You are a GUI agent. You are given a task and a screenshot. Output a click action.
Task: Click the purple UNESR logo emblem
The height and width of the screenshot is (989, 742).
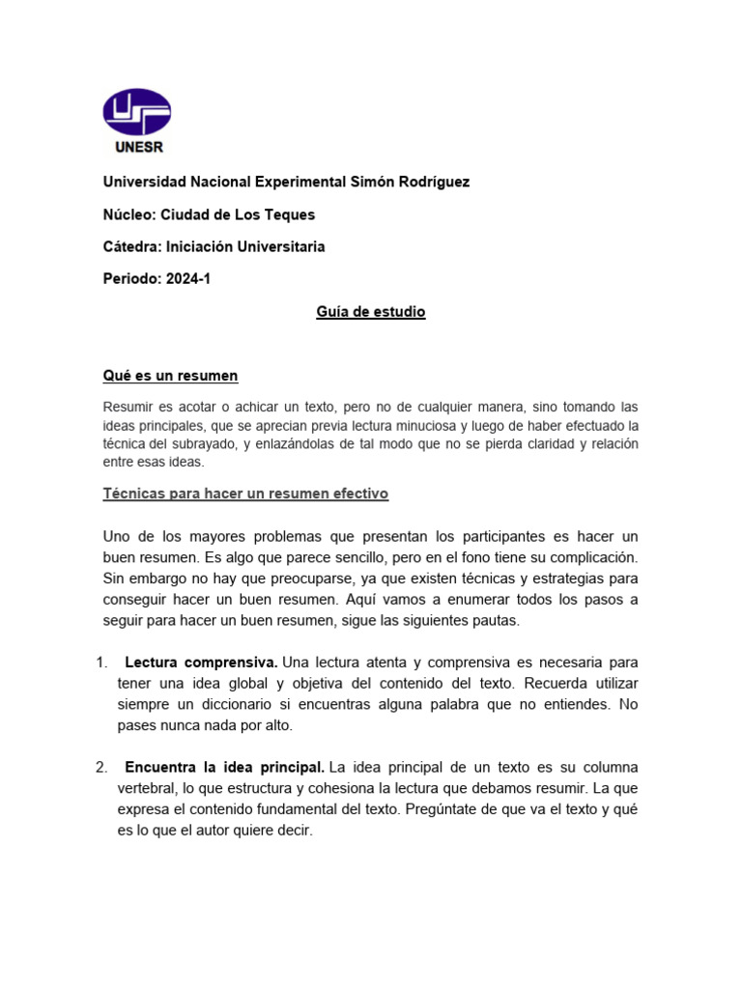click(x=137, y=112)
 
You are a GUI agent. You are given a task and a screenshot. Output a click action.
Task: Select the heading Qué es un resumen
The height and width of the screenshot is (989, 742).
click(x=171, y=375)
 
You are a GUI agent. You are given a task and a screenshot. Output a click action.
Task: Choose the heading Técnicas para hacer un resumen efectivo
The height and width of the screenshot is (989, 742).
click(x=245, y=494)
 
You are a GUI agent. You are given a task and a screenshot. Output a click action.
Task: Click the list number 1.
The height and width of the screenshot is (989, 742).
click(x=101, y=663)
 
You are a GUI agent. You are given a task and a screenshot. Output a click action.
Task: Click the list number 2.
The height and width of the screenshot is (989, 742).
click(x=101, y=767)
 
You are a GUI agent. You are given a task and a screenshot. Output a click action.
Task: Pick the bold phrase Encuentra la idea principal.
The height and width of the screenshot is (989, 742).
click(x=225, y=767)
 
